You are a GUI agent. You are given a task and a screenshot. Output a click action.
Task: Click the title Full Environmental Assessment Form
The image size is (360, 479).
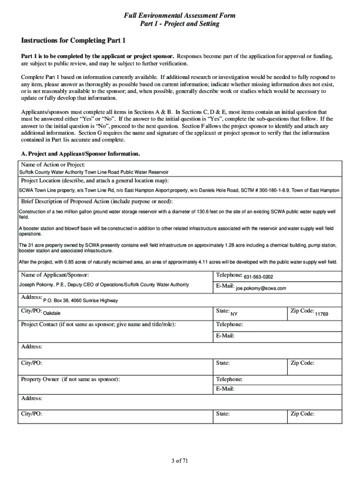180,16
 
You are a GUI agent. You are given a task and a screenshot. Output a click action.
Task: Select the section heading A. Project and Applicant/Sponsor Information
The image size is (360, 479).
80,153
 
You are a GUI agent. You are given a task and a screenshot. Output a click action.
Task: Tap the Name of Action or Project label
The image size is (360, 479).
53,165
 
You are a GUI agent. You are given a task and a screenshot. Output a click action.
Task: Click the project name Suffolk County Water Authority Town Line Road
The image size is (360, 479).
94,172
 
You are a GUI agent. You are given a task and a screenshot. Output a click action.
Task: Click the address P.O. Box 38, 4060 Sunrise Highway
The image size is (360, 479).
80,300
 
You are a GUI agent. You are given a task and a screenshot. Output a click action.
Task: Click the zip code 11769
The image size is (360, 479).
322,313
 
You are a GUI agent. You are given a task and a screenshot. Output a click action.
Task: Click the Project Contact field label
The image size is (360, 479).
99,325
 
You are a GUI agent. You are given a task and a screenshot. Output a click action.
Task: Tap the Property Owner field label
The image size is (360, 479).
71,379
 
